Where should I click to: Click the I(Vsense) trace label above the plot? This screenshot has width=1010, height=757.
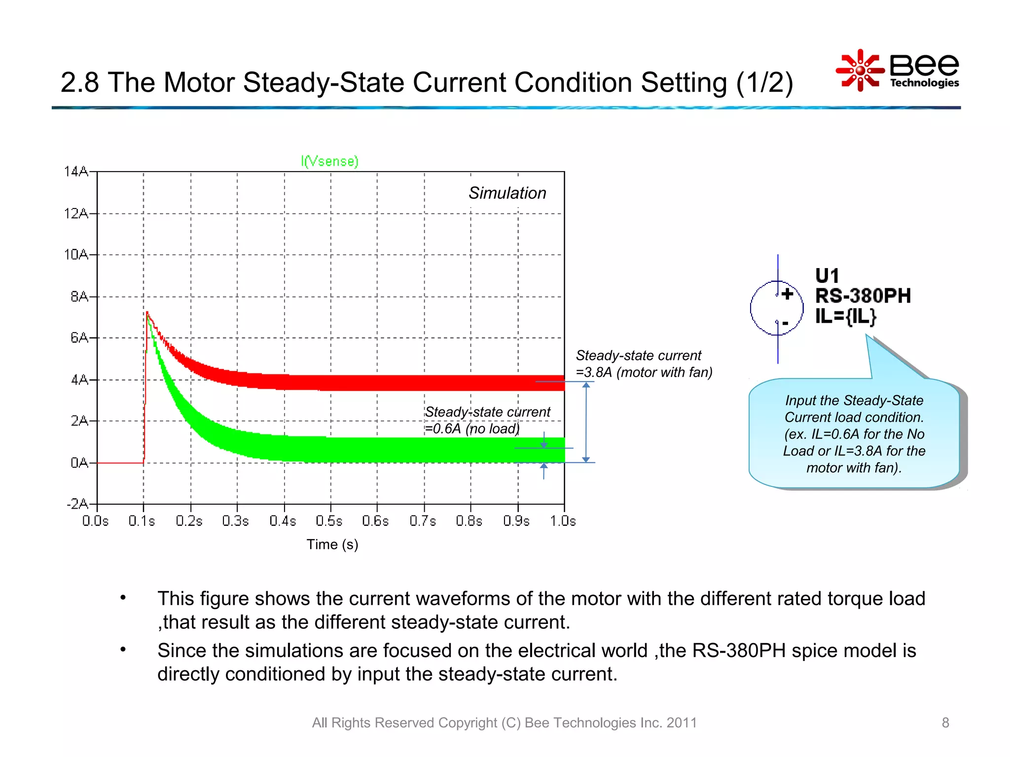329,161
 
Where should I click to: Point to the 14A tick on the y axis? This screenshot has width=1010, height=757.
76,172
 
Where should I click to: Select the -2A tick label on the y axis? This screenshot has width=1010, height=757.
77,504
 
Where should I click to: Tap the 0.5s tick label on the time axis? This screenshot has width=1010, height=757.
329,521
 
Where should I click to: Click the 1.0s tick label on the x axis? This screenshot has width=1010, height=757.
563,521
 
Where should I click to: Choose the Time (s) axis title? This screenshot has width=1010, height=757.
332,545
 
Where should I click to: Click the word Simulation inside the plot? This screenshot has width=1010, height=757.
507,193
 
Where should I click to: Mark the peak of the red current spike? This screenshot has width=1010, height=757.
147,312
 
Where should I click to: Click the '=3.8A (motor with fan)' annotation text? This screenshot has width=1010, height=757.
644,372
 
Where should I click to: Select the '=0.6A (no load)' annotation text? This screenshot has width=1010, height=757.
472,429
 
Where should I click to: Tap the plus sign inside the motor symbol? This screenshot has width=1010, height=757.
787,294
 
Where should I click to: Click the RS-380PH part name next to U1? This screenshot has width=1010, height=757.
863,296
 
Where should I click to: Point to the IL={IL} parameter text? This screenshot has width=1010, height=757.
845,316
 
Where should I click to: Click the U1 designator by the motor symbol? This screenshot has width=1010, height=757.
827,275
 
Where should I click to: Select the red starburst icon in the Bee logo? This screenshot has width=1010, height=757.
860,70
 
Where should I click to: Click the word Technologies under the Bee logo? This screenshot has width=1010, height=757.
924,83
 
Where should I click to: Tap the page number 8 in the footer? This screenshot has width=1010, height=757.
945,723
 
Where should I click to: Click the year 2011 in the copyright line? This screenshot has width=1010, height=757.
682,723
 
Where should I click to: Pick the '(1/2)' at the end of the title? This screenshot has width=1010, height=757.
764,82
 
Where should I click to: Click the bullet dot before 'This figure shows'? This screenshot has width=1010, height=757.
123,598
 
